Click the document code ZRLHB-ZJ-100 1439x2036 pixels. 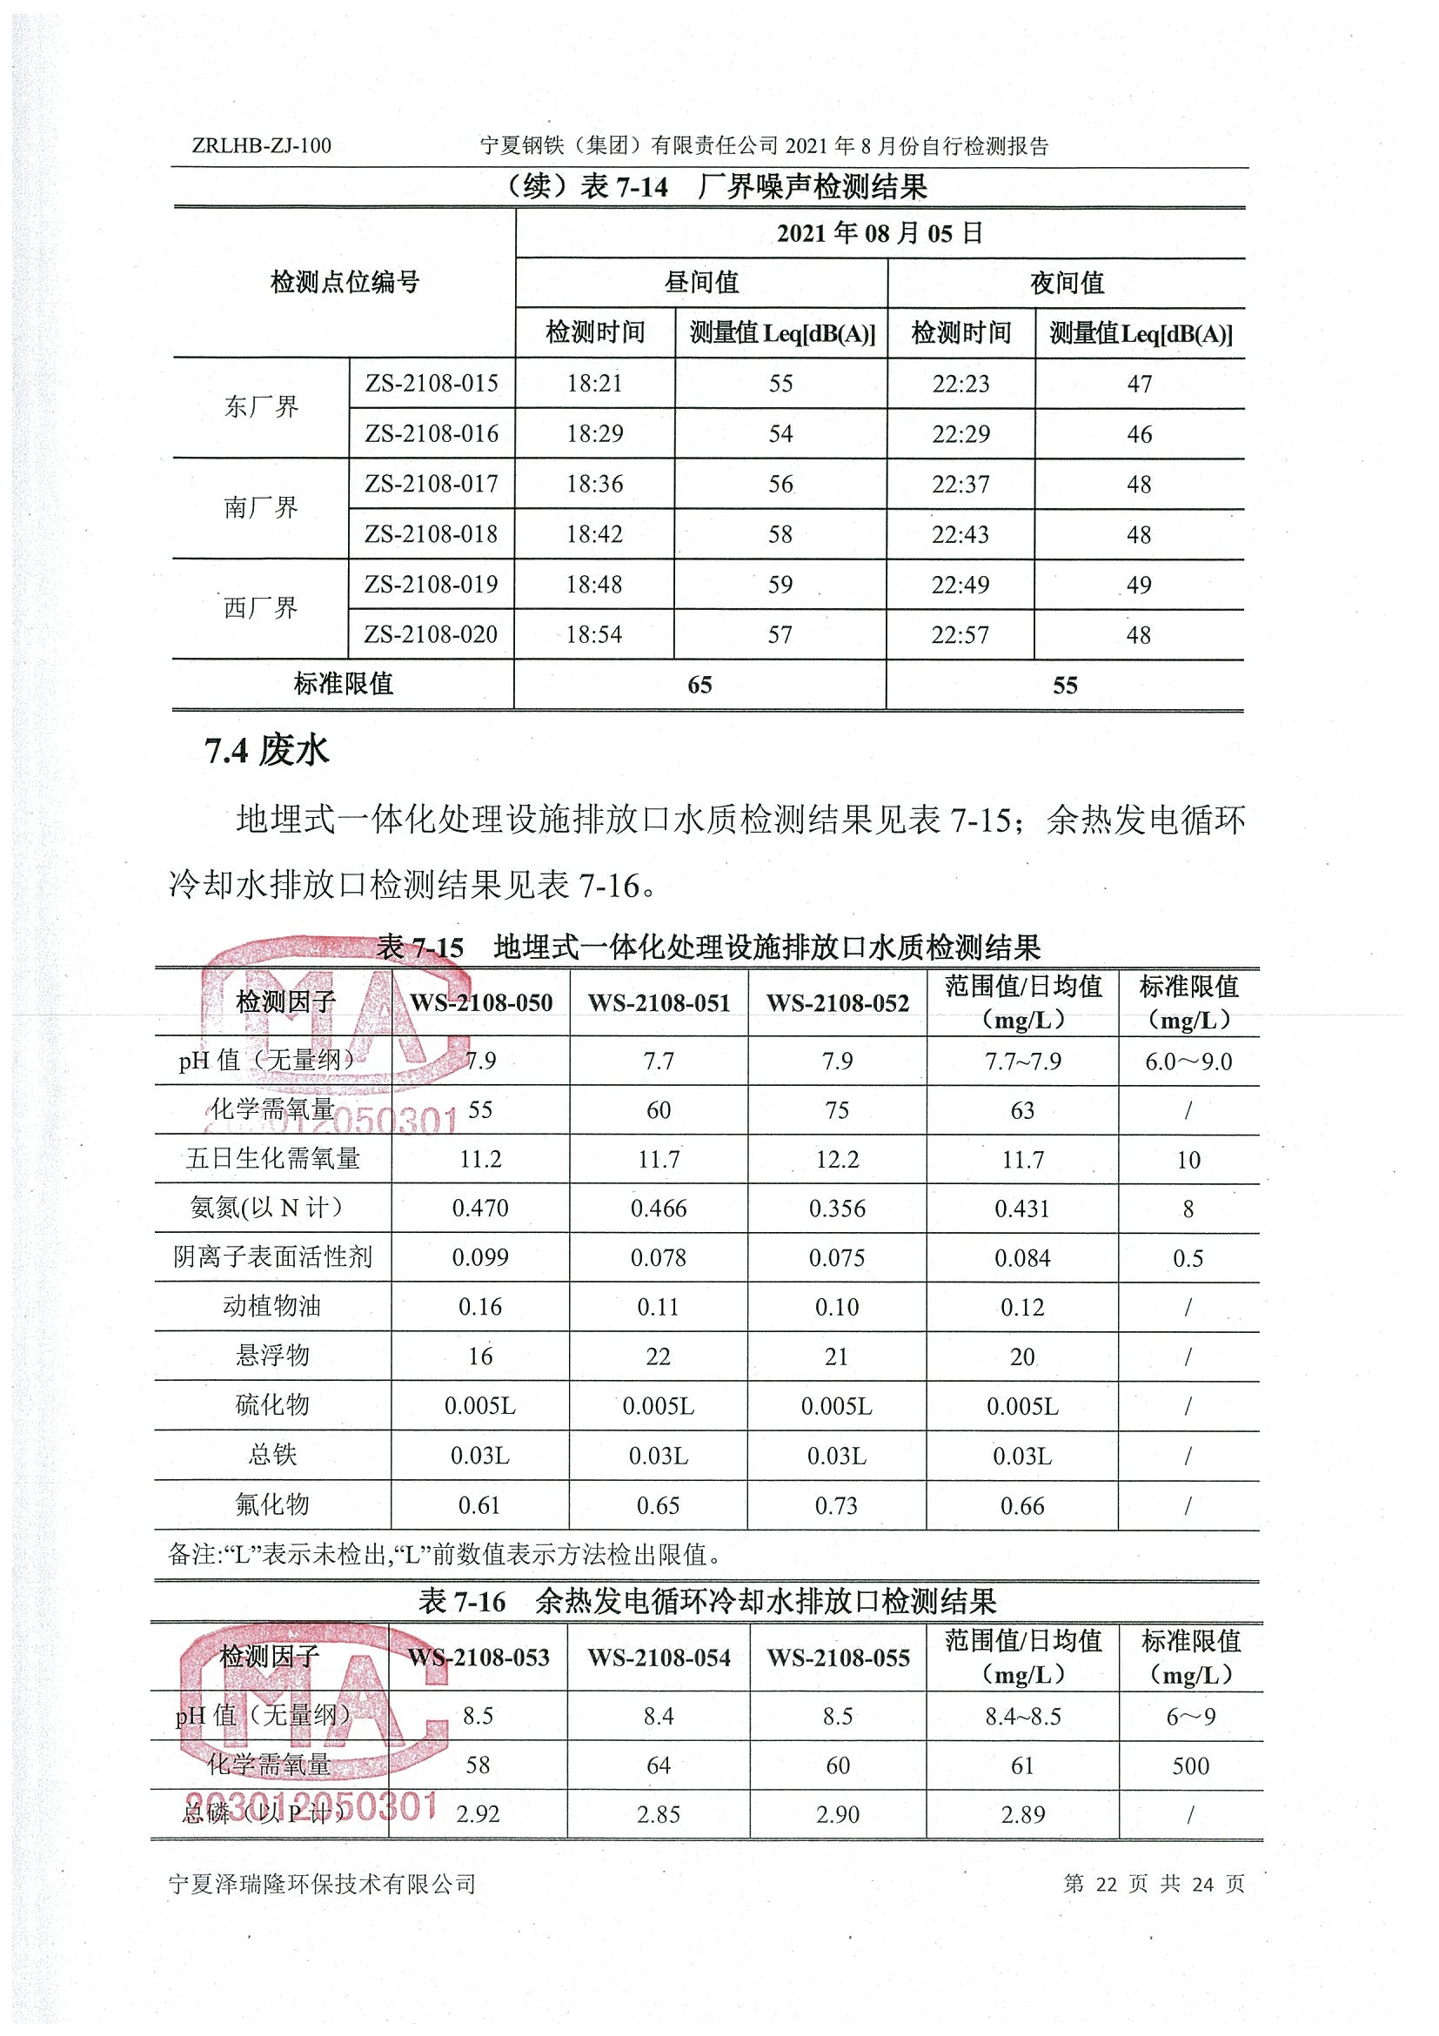pos(262,145)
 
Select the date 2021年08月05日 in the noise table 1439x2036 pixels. pos(880,233)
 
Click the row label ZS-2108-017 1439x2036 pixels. pos(432,483)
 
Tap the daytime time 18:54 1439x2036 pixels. pos(594,634)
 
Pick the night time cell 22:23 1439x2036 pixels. pos(960,383)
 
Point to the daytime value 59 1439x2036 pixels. pos(780,585)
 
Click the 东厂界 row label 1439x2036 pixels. pos(261,407)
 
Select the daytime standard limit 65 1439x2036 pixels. pos(699,685)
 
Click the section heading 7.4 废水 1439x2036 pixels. pos(267,751)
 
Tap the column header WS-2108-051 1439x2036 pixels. pos(659,1003)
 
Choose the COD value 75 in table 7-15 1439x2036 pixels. pos(837,1110)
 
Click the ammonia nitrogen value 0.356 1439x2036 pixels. pos(837,1209)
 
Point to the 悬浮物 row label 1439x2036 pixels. pos(272,1356)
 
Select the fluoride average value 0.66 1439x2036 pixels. pos(1022,1506)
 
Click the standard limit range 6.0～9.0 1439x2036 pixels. pos(1188,1062)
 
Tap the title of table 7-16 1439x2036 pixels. pos(707,1602)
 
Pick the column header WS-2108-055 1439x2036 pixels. pos(838,1658)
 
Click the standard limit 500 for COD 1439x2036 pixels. pos(1190,1765)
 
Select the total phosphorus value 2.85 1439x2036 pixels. pos(658,1814)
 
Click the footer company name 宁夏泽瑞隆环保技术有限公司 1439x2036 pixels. pos(322,1884)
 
